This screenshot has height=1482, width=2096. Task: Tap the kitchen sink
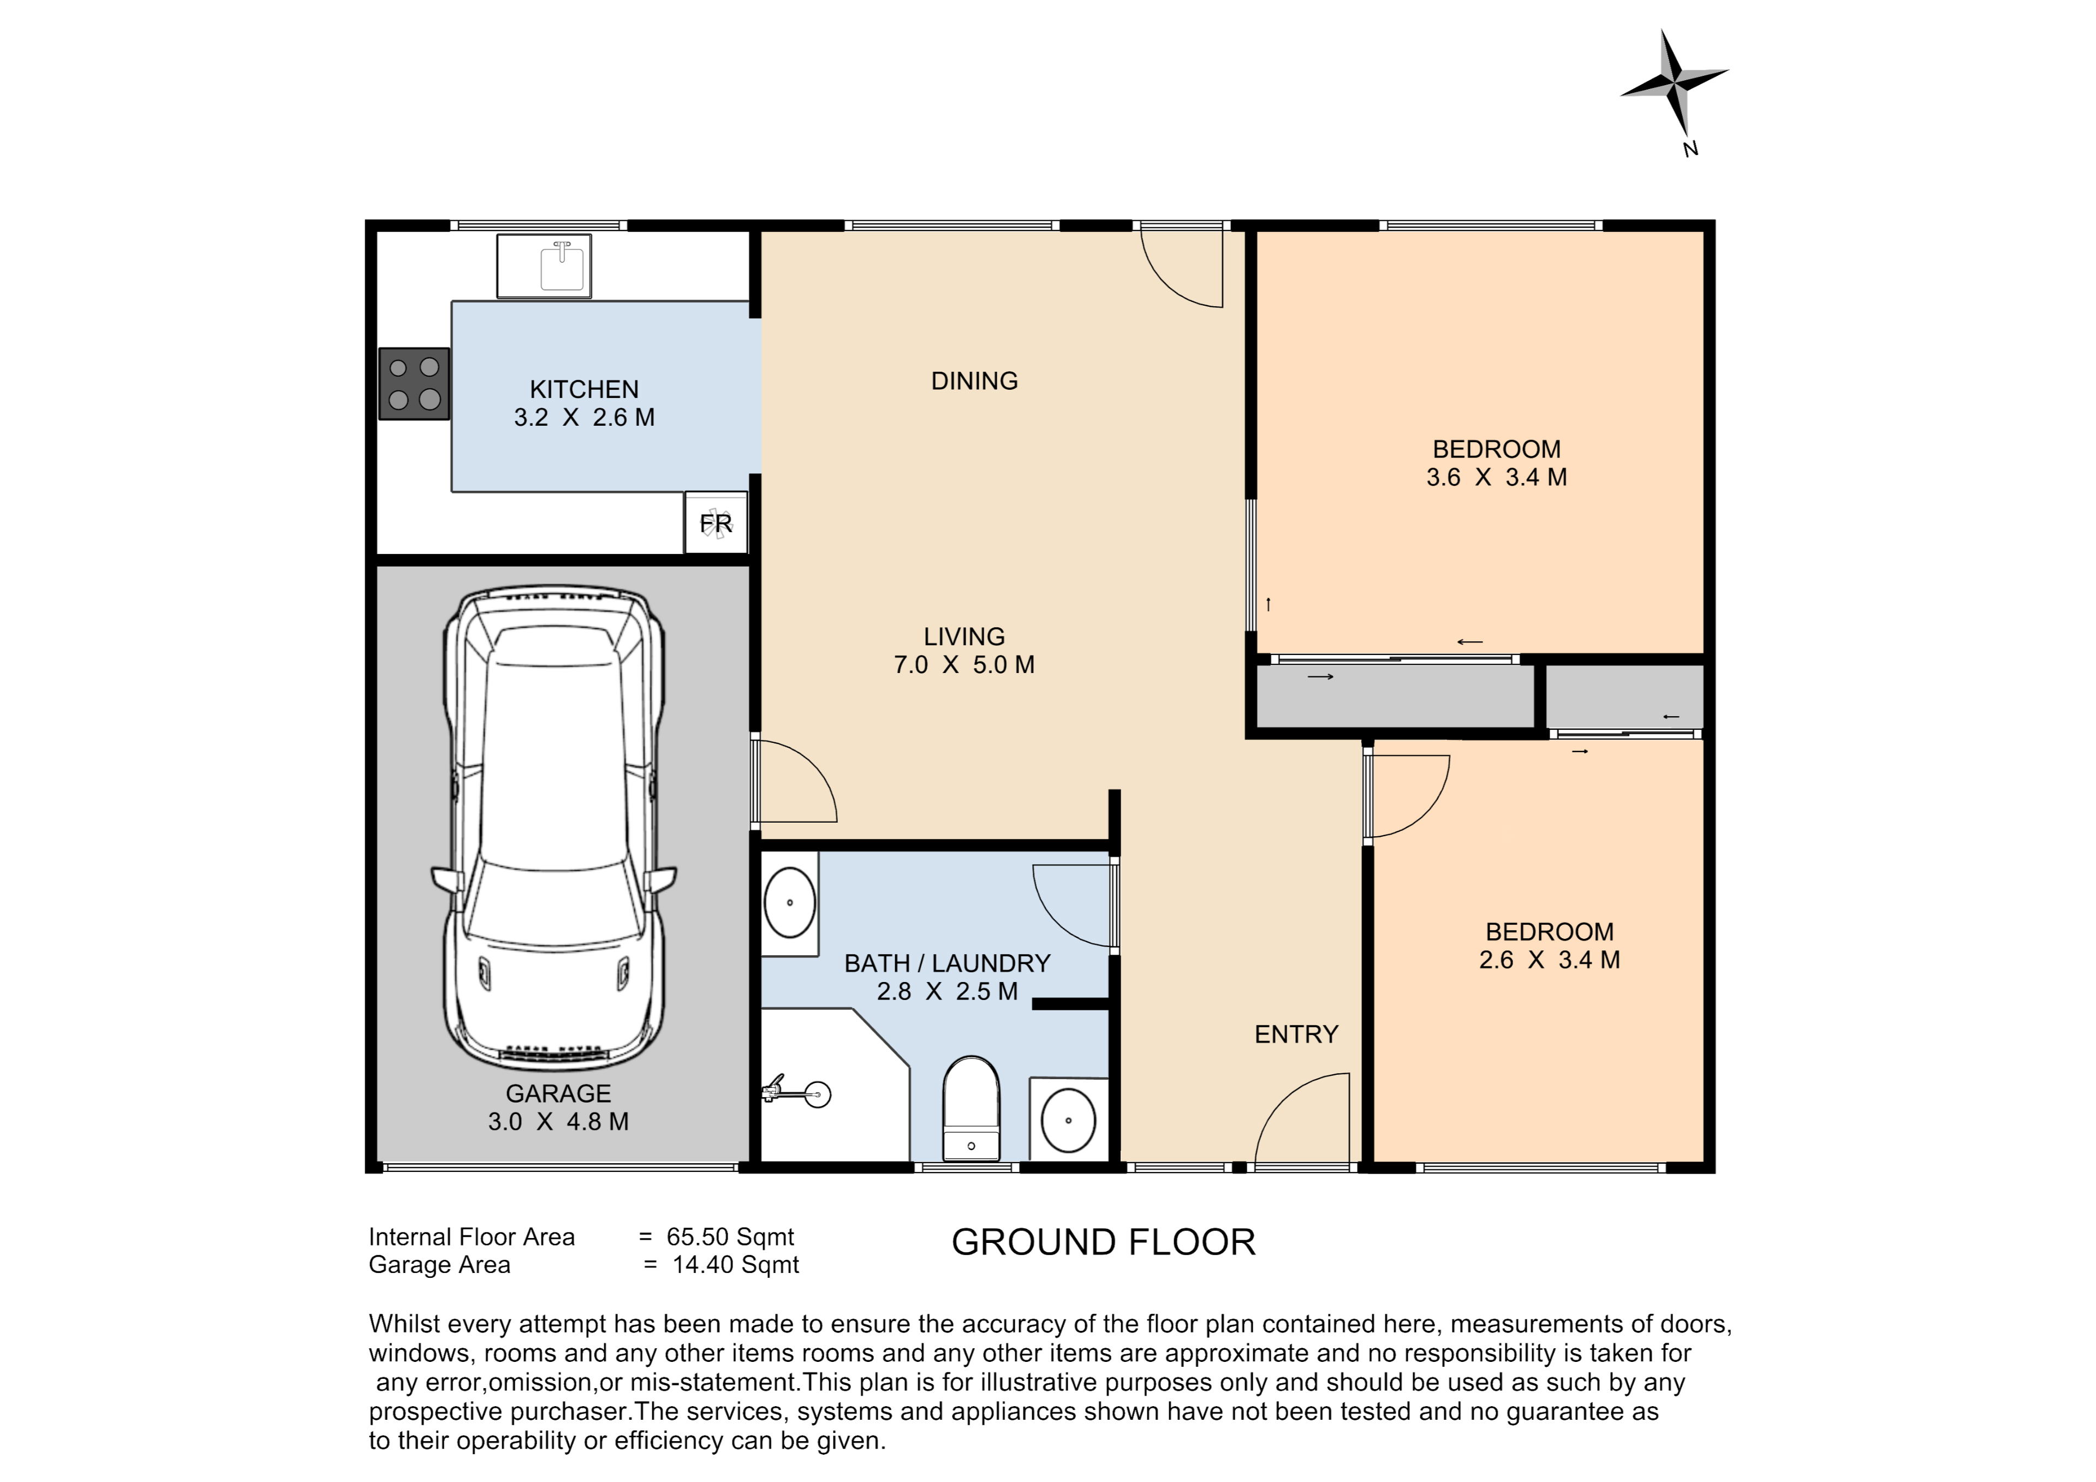point(544,266)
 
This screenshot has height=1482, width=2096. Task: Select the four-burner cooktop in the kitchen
point(414,384)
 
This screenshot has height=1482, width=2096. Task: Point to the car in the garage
point(554,829)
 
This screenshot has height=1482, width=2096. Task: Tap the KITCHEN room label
point(584,390)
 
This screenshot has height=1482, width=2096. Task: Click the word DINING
point(974,381)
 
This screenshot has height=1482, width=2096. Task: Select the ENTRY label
point(1296,1034)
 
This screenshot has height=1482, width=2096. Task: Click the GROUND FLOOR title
point(1104,1243)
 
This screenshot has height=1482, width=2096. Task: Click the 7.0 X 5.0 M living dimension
point(964,665)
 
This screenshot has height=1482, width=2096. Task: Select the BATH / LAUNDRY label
point(948,963)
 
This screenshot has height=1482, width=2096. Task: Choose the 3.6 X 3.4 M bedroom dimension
point(1497,477)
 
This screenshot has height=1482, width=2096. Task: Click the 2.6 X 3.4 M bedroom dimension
point(1550,960)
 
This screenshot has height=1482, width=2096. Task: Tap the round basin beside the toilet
point(1068,1121)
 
